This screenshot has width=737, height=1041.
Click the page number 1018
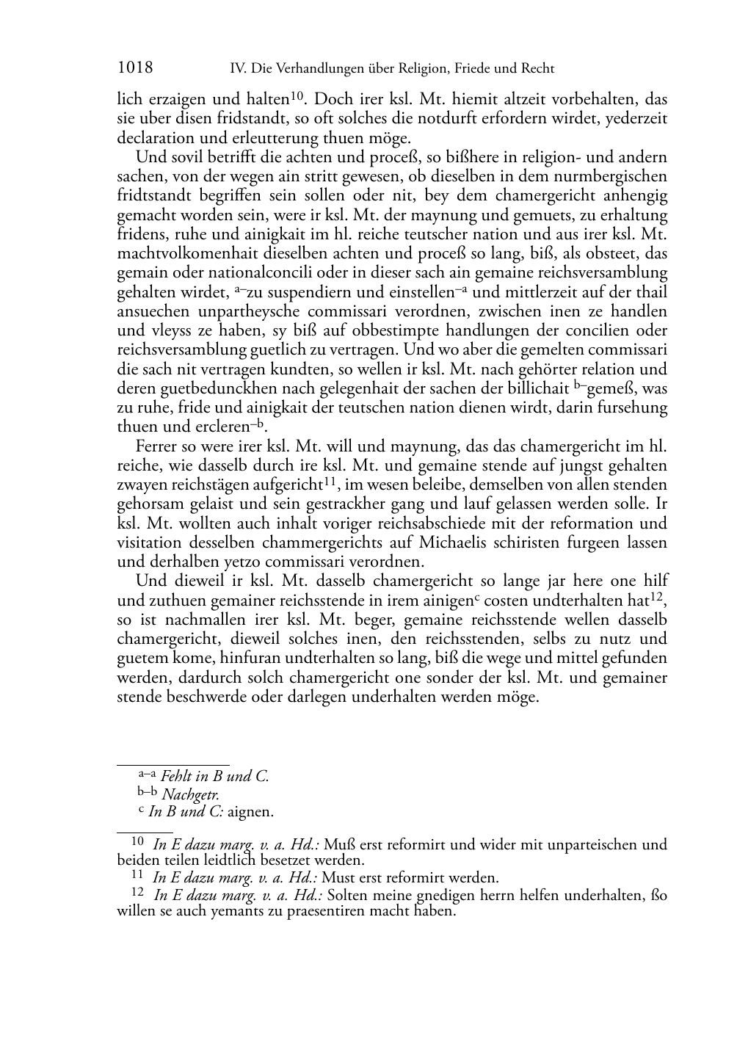pos(135,68)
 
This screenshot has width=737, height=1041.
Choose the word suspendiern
pos(307,292)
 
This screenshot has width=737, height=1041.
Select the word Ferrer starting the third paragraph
pos(156,446)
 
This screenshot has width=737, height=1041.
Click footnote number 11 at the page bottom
pos(137,875)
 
